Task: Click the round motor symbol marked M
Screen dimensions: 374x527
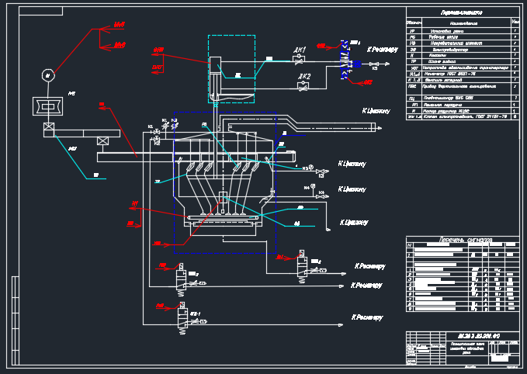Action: tap(48, 75)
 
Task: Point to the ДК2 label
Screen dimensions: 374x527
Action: tap(304, 77)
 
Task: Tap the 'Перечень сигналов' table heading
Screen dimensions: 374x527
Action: tap(461, 239)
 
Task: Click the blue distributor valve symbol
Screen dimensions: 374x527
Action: tap(350, 63)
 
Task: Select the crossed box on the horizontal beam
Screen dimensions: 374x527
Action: tap(102, 140)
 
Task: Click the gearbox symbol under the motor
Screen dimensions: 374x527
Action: tap(48, 106)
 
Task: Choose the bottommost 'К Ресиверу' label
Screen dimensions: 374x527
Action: tap(368, 317)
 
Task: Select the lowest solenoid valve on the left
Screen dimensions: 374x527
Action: tap(180, 318)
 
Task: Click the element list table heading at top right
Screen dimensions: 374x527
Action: tap(461, 13)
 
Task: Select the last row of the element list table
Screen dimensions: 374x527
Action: tap(461, 116)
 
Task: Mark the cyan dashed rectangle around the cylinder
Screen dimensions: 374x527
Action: tap(231, 68)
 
